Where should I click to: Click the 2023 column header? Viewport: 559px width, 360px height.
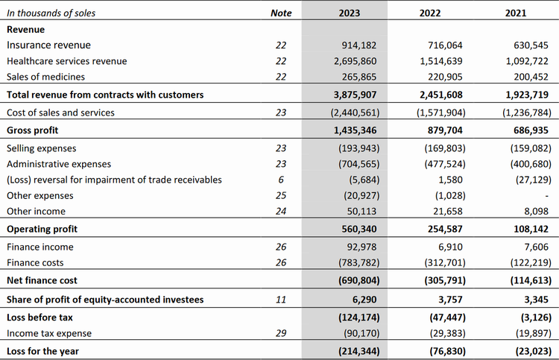click(x=349, y=13)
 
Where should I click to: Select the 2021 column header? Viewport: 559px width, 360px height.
click(x=516, y=13)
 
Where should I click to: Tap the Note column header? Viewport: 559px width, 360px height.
click(x=281, y=13)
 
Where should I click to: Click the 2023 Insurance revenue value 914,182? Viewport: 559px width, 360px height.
click(x=359, y=45)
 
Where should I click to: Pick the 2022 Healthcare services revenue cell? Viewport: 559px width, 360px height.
click(x=441, y=61)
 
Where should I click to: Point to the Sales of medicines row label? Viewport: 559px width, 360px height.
click(x=45, y=77)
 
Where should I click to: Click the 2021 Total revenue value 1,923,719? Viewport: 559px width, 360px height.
click(x=527, y=95)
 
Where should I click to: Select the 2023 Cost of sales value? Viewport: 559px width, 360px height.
click(x=355, y=113)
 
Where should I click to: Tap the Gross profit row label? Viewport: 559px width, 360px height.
click(x=33, y=130)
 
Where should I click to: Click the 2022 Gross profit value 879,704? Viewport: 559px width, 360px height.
click(x=445, y=130)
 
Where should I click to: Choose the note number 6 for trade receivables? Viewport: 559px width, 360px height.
click(x=281, y=180)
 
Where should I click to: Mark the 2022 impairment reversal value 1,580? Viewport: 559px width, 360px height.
click(x=451, y=180)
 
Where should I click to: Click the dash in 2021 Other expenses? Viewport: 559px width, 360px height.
click(x=547, y=196)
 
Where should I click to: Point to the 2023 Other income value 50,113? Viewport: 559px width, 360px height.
click(x=361, y=212)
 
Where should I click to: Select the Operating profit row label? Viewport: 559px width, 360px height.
click(x=42, y=229)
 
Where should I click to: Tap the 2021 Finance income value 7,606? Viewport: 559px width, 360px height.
click(x=536, y=247)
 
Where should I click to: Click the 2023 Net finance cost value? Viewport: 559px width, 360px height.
click(x=359, y=280)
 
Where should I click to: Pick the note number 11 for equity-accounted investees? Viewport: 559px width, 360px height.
click(x=281, y=300)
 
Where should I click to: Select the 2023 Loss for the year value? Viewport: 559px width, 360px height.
click(x=359, y=351)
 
